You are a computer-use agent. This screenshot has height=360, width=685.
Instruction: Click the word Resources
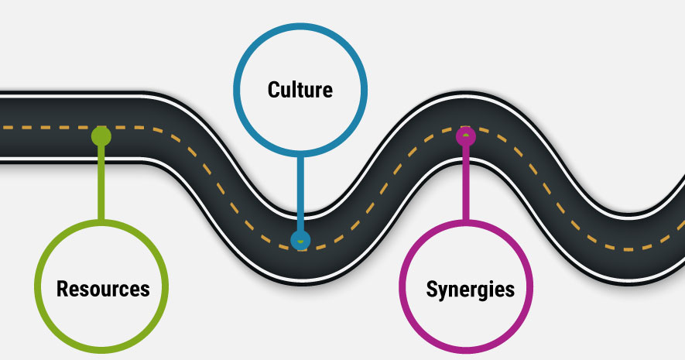coord(103,289)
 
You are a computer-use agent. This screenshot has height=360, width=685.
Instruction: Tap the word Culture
coord(300,89)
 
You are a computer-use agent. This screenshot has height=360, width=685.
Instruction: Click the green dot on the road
coord(101,136)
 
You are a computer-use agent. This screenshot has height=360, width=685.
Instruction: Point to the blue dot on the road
coord(300,240)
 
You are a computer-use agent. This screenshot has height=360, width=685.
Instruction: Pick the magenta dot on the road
coord(465,137)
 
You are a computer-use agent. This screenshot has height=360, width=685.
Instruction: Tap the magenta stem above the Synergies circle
coord(465,182)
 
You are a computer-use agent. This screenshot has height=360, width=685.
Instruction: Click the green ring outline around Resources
coord(36,289)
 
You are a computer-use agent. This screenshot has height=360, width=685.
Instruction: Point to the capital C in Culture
coord(273,89)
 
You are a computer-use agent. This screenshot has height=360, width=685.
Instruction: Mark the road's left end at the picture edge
coord(3,128)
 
